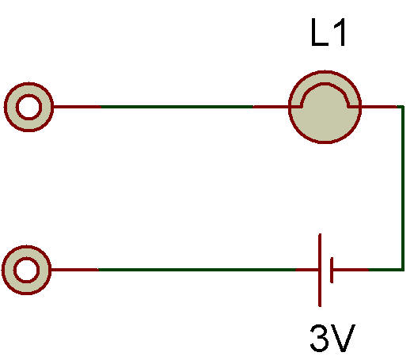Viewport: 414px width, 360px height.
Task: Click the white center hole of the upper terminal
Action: click(x=28, y=107)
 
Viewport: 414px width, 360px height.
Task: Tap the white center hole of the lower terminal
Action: click(x=26, y=270)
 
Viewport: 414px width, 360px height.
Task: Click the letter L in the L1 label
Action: click(x=320, y=32)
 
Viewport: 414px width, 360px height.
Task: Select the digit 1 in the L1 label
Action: click(x=340, y=32)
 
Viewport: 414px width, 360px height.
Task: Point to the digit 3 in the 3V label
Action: click(x=320, y=338)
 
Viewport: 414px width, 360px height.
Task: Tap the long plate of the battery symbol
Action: click(x=320, y=270)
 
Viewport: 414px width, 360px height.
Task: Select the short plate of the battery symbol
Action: click(x=332, y=270)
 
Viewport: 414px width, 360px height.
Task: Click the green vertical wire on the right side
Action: click(x=403, y=188)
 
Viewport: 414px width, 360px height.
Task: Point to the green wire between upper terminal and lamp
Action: click(x=177, y=107)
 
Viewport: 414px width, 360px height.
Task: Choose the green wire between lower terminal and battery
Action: click(x=197, y=270)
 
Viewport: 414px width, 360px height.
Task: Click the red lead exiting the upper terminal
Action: click(x=77, y=107)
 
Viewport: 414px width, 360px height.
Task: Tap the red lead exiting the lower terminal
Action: click(x=74, y=270)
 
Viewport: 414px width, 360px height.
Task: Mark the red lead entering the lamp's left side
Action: click(x=272, y=107)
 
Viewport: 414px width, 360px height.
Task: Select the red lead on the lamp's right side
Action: click(x=378, y=107)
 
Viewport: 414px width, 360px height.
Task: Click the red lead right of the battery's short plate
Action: click(x=351, y=270)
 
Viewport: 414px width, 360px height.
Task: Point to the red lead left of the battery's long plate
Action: click(x=307, y=270)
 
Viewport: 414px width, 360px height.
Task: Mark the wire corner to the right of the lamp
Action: click(x=403, y=107)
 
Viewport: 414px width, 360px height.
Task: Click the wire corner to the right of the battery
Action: click(x=403, y=270)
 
